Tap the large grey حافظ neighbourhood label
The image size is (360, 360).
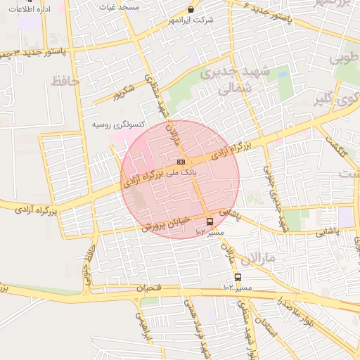pyautogui.click(x=65, y=82)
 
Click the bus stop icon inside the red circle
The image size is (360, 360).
pyautogui.click(x=210, y=222)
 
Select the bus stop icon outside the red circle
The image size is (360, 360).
pyautogui.click(x=238, y=277)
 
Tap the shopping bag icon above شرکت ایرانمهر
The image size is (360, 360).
pyautogui.click(x=191, y=10)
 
